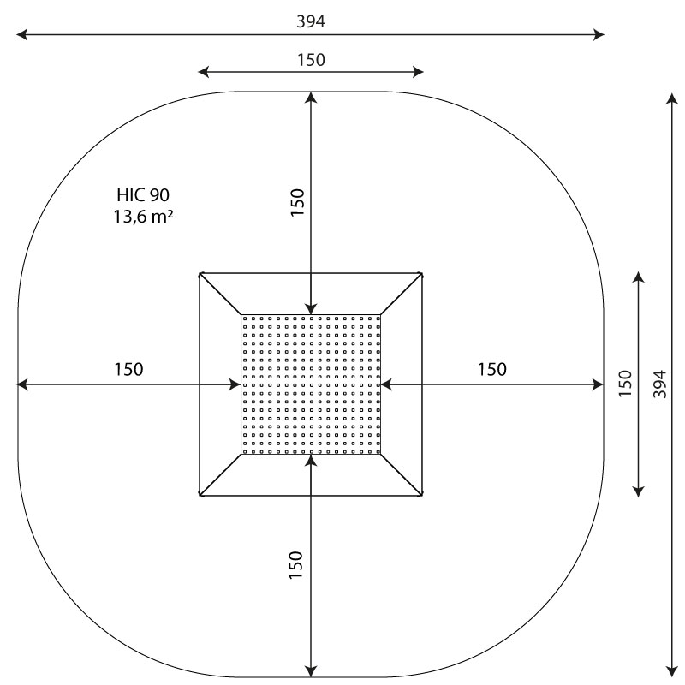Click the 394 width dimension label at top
[x=311, y=21]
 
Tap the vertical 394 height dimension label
[x=659, y=384]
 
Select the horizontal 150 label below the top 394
[x=311, y=60]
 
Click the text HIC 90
[x=143, y=195]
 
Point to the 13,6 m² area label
[x=143, y=217]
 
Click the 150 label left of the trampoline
[x=128, y=370]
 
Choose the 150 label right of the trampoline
[x=491, y=370]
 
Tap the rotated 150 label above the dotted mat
[x=297, y=202]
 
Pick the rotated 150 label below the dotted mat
[x=295, y=565]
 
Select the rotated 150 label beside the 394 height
[x=626, y=384]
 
